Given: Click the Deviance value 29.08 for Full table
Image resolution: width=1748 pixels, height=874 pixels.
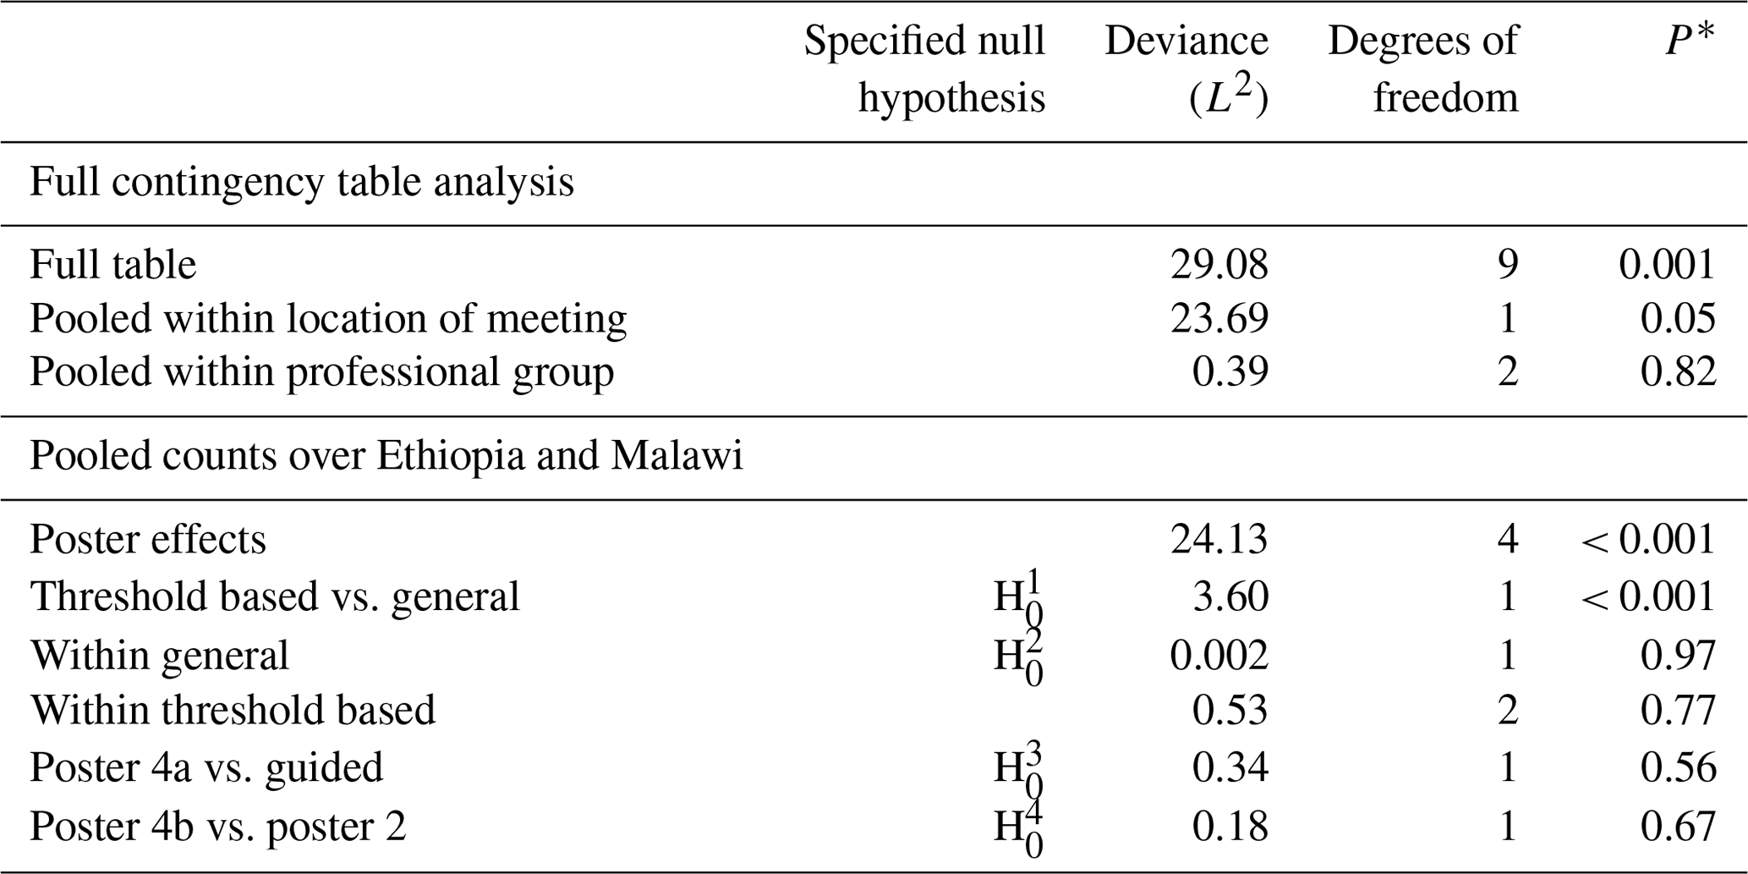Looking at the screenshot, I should click(x=1219, y=265).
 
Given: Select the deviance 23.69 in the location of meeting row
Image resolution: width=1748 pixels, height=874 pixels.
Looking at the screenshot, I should click(x=1219, y=318).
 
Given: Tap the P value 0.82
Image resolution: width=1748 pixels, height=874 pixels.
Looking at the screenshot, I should click(x=1678, y=371).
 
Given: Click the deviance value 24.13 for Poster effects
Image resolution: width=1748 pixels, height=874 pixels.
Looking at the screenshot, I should click(x=1219, y=539).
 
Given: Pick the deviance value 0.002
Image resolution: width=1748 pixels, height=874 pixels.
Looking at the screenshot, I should click(x=1219, y=655).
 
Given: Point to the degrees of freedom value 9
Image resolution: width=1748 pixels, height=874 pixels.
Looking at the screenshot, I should click(x=1507, y=265).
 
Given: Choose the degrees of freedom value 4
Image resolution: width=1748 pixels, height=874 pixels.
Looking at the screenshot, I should click(x=1507, y=539).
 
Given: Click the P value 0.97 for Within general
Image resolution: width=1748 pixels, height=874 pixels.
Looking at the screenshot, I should click(x=1678, y=655).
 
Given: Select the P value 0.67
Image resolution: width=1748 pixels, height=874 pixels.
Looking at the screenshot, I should click(x=1678, y=826).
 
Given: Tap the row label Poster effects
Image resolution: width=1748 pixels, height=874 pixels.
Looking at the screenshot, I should click(x=148, y=539).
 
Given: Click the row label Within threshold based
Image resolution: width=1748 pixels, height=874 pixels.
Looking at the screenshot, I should click(x=233, y=709).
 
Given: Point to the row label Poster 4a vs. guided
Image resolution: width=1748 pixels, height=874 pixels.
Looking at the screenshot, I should click(x=206, y=767).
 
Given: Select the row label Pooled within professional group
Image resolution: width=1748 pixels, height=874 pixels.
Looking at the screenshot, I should click(x=321, y=371).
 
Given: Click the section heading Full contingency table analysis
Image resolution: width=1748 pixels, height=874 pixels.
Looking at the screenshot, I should click(x=302, y=182).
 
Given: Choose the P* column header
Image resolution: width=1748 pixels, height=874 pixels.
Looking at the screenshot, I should click(x=1690, y=41).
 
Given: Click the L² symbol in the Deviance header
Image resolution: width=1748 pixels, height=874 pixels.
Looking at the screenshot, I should click(x=1228, y=99).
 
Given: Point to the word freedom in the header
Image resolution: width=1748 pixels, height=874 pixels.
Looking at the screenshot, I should click(x=1445, y=97).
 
